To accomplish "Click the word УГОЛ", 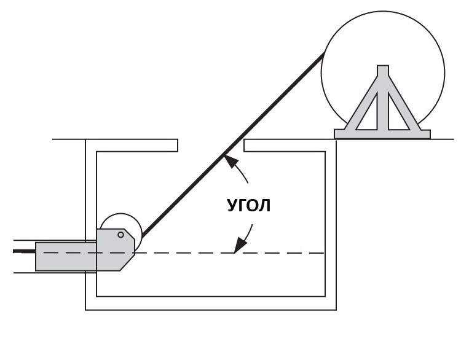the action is [249, 205].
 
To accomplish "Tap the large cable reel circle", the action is [383, 12].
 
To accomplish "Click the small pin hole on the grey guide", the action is [121, 235].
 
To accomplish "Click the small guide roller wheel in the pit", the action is [121, 214].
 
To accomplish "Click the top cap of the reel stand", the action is [383, 69].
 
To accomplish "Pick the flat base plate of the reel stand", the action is [382, 135].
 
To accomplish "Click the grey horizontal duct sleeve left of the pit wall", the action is [66, 257].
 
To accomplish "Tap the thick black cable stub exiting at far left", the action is [24, 251].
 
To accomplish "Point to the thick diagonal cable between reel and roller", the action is [232, 146].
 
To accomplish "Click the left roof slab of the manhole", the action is [132, 146].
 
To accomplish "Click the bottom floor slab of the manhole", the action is [211, 303].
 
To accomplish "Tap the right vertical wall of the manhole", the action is [331, 224].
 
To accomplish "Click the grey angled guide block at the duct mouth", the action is [115, 249].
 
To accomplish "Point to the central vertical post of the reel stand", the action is [383, 101].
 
